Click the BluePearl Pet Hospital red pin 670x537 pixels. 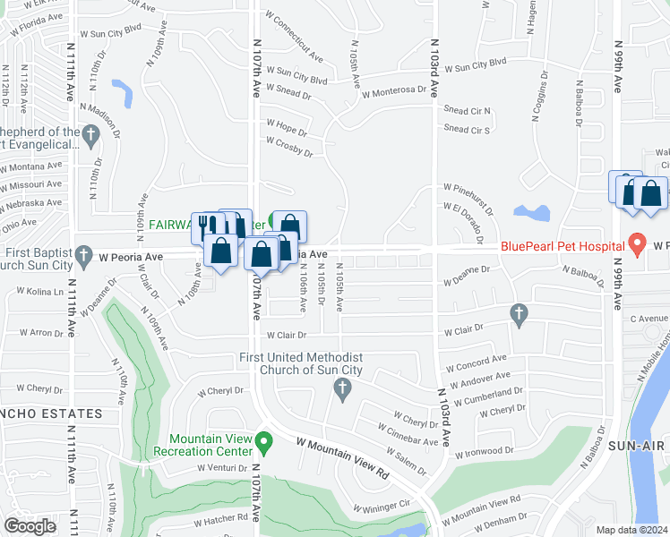(x=637, y=243)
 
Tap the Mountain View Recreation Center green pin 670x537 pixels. (x=263, y=441)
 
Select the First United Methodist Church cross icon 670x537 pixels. (x=340, y=388)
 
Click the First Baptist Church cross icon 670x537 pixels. (x=83, y=254)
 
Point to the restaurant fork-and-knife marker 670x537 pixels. (x=204, y=225)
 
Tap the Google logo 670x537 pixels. (x=30, y=526)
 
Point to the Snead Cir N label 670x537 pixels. (x=468, y=111)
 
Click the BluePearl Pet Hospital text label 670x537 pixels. (x=562, y=246)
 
